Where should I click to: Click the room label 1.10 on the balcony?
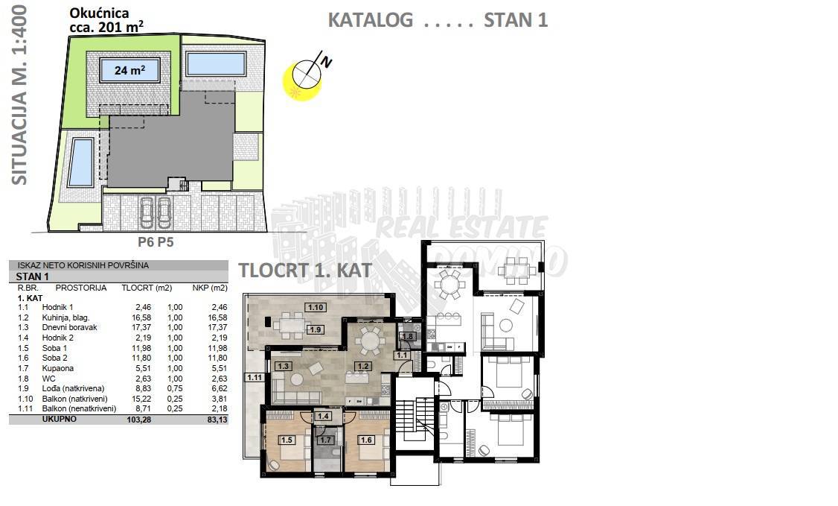(316, 307)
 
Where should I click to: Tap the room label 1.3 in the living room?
(283, 367)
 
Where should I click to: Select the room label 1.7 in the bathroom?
(325, 440)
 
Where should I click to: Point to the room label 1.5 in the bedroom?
(287, 440)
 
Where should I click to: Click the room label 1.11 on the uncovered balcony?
(255, 377)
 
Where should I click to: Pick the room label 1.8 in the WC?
(408, 336)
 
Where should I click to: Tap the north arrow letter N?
(325, 62)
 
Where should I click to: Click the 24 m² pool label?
(130, 70)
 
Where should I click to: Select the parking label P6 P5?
(156, 241)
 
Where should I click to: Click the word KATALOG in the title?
(371, 20)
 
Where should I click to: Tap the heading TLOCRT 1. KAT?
(304, 270)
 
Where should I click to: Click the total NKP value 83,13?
(217, 420)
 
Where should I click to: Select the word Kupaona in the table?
(58, 369)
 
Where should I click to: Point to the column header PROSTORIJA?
(80, 288)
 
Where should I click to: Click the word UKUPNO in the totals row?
(60, 420)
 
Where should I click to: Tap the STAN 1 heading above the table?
(32, 276)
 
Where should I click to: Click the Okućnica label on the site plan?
(99, 13)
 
